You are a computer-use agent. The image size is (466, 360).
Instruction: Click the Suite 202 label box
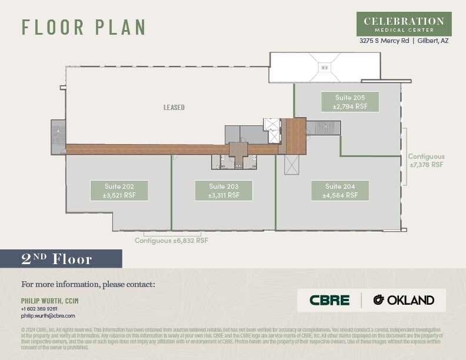click(119, 191)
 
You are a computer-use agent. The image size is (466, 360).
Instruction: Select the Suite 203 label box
click(224, 191)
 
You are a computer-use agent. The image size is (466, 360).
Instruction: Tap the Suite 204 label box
click(340, 191)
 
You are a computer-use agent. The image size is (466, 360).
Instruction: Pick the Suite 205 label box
click(350, 102)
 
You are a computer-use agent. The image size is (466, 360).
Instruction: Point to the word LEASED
click(174, 108)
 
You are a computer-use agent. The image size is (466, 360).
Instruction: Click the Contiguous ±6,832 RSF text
click(171, 241)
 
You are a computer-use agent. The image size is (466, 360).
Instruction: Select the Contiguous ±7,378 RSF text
click(427, 161)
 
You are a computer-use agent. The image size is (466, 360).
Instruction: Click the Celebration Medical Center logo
click(404, 24)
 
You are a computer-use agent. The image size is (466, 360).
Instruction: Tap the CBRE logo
click(329, 300)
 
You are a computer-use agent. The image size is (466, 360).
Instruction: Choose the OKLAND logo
click(404, 300)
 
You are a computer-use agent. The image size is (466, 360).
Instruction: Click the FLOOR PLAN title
click(84, 27)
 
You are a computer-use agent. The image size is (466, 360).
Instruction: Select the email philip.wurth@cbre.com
click(48, 316)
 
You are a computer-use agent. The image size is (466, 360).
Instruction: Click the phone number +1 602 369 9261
click(39, 309)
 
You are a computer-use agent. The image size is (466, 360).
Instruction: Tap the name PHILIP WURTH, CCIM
click(50, 301)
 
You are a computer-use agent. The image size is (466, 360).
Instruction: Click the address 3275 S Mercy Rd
click(384, 41)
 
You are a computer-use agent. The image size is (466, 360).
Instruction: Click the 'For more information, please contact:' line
click(88, 285)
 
